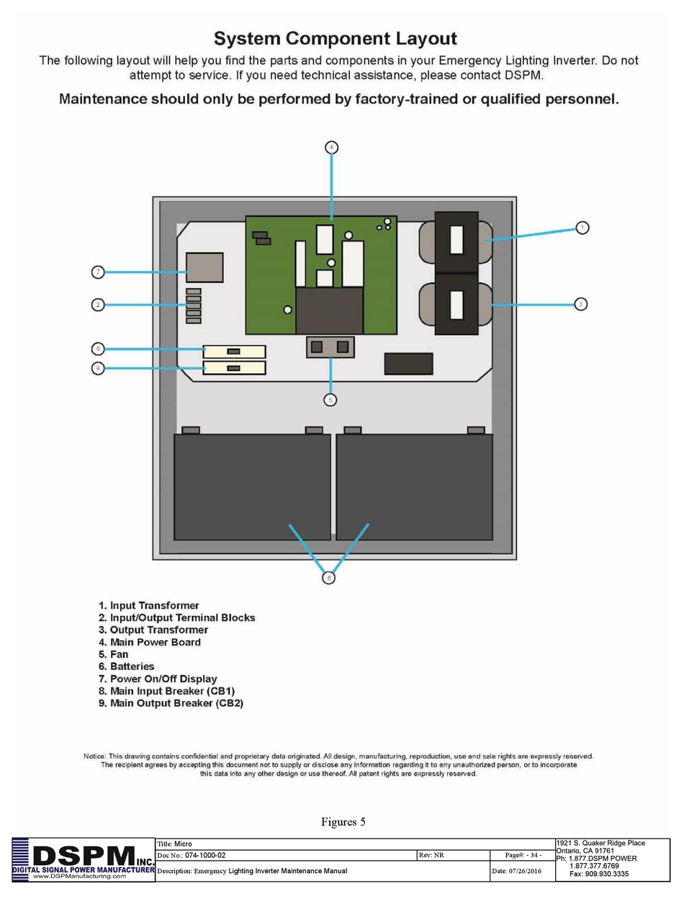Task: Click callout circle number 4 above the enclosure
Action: coord(331,148)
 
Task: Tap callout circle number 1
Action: coord(582,228)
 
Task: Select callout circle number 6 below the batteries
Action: coord(329,578)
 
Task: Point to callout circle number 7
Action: coord(99,272)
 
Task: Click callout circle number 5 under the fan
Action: coord(330,400)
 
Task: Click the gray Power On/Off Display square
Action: coord(204,267)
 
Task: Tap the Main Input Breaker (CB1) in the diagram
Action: coord(234,352)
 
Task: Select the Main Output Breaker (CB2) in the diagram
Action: coord(234,368)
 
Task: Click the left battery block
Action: coord(252,486)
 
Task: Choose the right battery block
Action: coord(415,486)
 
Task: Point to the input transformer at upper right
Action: coord(456,240)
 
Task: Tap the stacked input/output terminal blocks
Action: coord(193,305)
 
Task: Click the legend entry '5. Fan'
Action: coord(114,654)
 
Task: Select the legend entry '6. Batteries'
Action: coord(127,666)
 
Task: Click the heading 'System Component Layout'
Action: coord(336,38)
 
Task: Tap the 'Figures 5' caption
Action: coord(343,822)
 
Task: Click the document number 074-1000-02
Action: coord(205,855)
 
